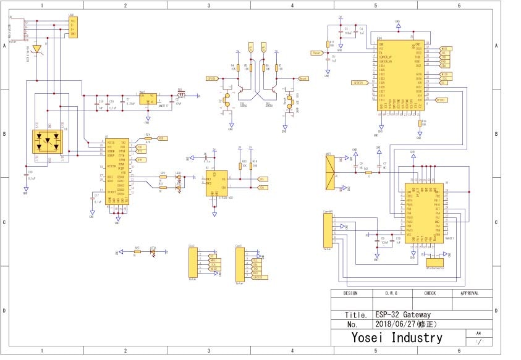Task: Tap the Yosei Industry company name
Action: point(397,337)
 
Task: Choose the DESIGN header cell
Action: point(350,294)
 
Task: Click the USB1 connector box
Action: point(73,27)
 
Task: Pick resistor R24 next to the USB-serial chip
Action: point(147,139)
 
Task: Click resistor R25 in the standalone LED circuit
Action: point(137,253)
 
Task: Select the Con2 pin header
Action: point(193,262)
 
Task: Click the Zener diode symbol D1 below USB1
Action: point(37,48)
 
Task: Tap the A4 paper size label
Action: point(478,333)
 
